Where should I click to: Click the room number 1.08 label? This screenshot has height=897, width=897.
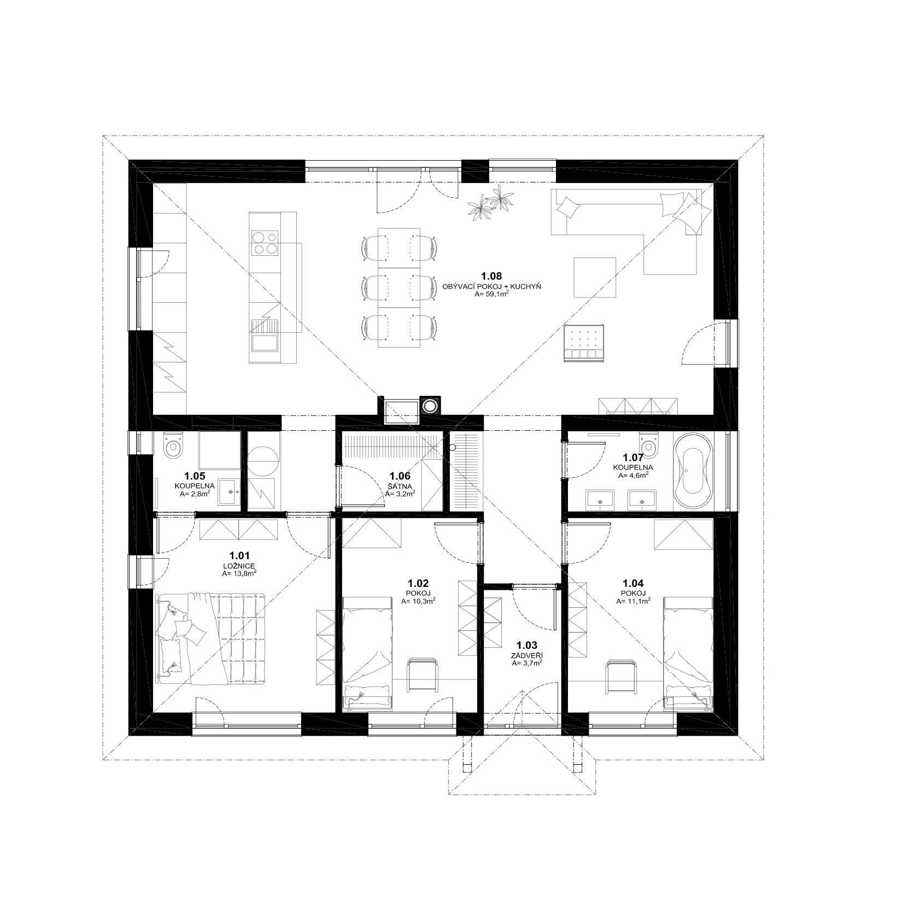[491, 276]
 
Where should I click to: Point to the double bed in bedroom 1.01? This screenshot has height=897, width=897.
[212, 638]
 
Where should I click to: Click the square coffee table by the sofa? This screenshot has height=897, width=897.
[595, 277]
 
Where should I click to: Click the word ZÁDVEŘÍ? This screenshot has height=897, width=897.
[524, 656]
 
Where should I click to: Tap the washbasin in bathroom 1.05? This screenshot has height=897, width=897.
[230, 491]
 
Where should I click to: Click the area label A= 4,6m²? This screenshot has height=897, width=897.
[634, 476]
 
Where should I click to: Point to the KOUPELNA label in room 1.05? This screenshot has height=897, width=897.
[195, 485]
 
